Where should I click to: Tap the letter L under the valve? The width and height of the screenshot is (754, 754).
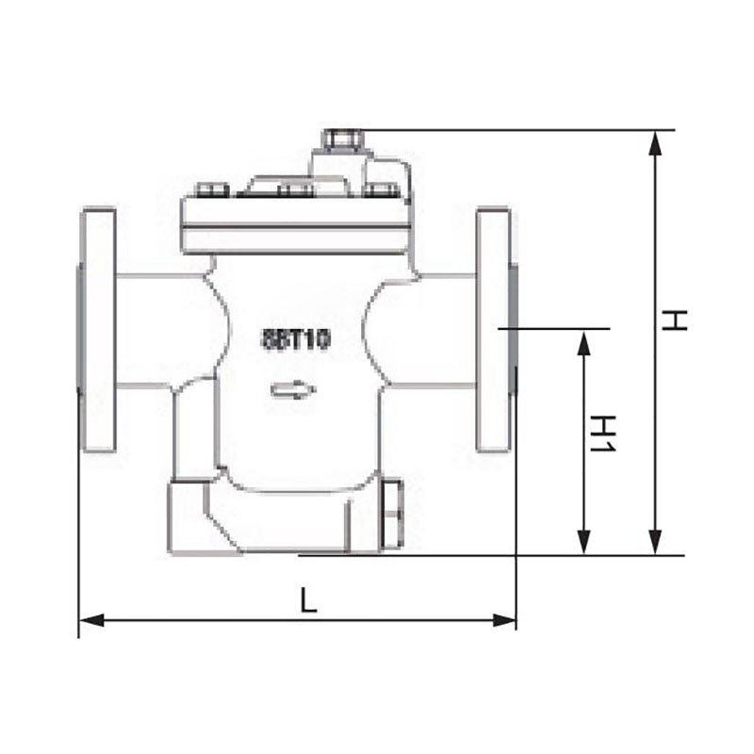tap(307, 599)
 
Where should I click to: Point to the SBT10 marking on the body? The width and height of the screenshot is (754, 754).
tap(295, 339)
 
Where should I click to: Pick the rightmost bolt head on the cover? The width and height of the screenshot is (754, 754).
tap(382, 191)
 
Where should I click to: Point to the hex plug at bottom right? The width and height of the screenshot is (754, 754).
tap(393, 514)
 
